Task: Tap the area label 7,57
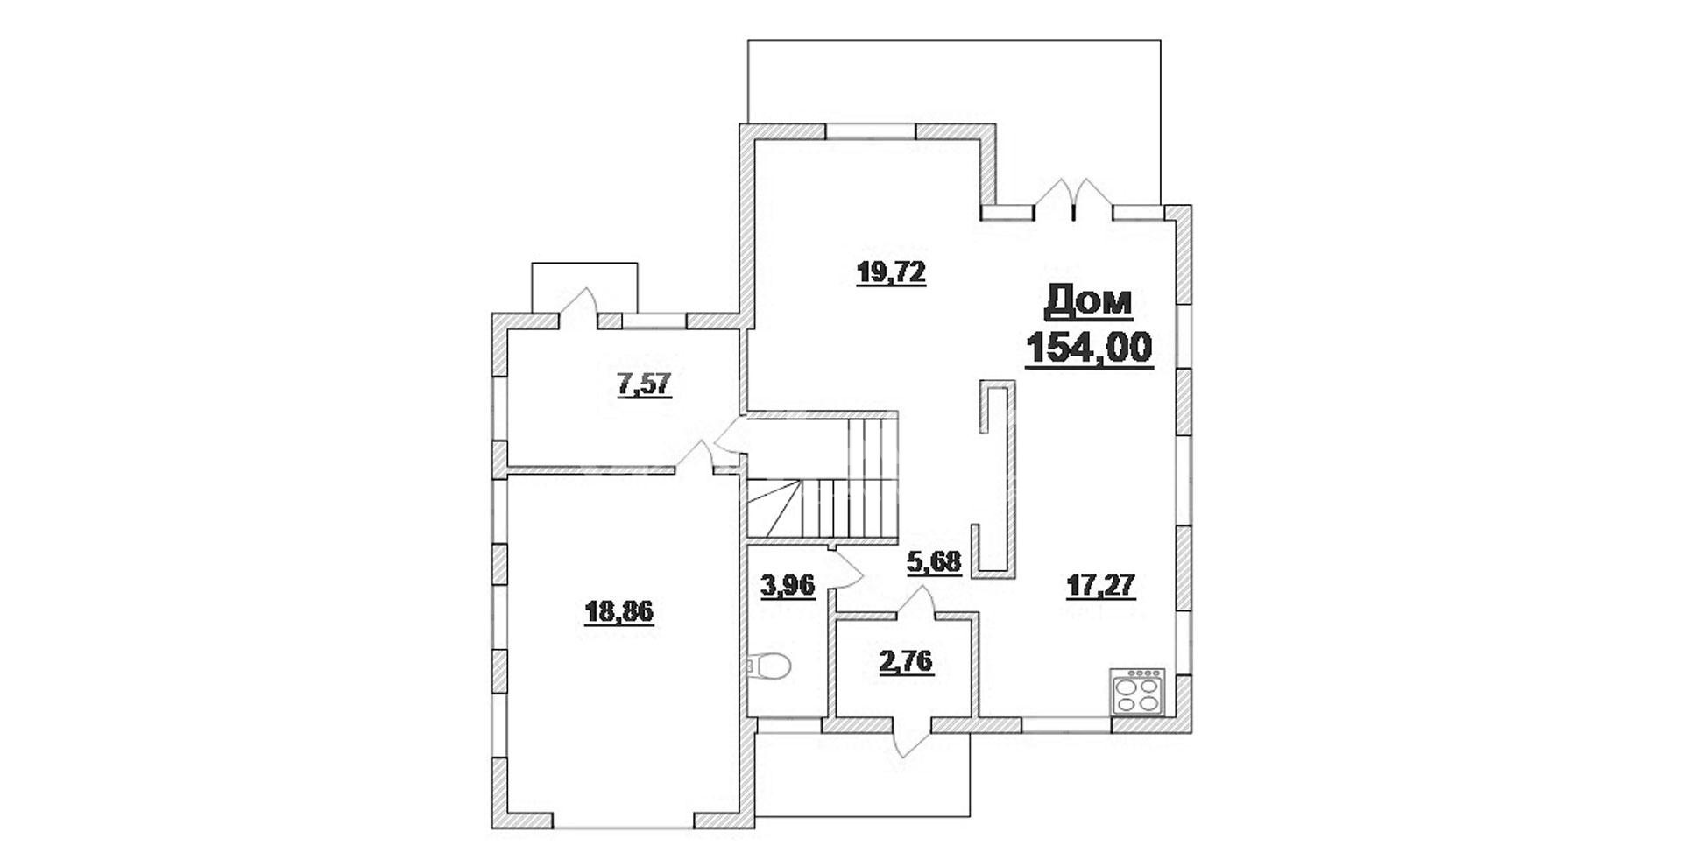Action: click(645, 384)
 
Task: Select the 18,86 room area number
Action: click(618, 610)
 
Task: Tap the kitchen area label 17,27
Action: click(1101, 584)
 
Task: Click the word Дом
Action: click(1089, 302)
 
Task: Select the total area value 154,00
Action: click(1089, 348)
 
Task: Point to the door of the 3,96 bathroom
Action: click(845, 570)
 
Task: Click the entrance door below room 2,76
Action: click(912, 736)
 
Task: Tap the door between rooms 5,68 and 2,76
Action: click(917, 603)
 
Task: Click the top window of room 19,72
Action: click(871, 130)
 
